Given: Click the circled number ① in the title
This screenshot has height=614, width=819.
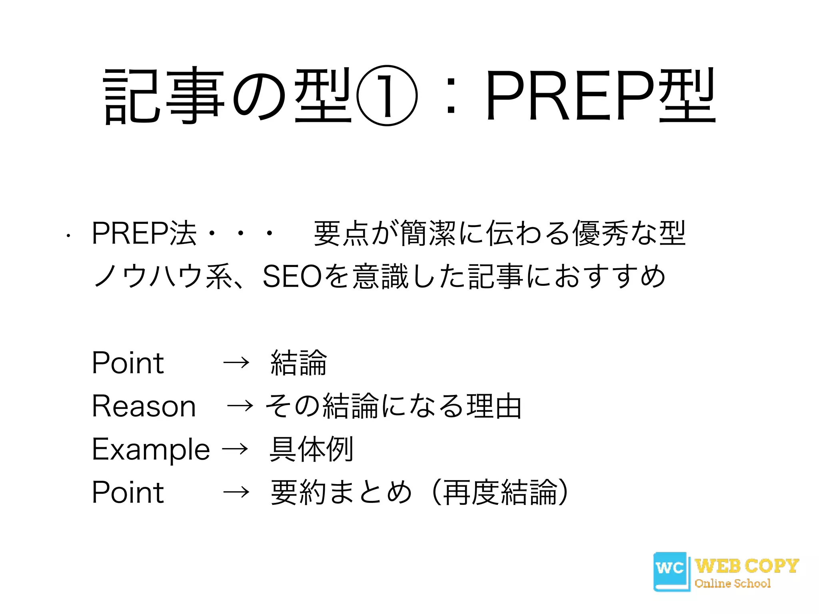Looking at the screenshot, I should tap(387, 96).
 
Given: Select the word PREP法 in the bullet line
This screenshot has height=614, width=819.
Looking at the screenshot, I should tap(144, 233).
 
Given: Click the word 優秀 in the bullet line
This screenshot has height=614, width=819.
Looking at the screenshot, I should tap(601, 233).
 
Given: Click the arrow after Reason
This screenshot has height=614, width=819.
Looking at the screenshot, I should tap(240, 406).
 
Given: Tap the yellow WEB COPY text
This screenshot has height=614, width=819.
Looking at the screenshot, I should tap(747, 566).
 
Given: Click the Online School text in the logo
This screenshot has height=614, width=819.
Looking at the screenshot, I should tap(733, 584).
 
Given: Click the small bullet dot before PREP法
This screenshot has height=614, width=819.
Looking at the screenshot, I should tap(69, 236).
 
